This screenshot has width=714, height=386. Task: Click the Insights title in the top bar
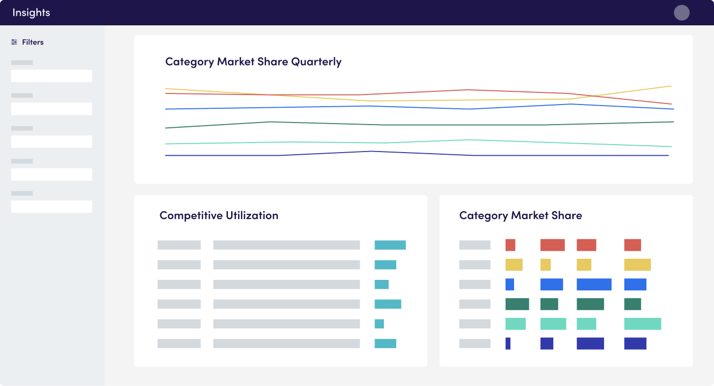31,13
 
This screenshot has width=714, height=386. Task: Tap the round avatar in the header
682,13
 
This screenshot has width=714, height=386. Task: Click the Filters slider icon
14,42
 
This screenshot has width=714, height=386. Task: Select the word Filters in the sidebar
33,42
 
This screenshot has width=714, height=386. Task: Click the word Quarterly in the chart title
316,62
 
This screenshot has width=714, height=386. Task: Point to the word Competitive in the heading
191,216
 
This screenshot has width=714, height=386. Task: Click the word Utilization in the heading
252,215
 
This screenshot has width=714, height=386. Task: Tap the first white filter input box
52,76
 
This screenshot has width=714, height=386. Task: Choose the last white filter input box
52,206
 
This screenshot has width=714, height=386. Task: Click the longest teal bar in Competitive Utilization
390,245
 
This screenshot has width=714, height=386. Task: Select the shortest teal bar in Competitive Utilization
379,324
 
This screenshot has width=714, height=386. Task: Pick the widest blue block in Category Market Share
594,285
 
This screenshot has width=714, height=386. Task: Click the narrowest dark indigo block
508,344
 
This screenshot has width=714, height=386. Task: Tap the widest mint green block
643,324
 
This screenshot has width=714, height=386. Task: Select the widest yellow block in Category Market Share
637,265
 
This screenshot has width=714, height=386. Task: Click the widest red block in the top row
552,245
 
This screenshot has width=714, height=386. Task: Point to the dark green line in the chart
419,125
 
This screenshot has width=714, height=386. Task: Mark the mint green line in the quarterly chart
418,142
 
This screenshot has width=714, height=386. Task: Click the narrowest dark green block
633,304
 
